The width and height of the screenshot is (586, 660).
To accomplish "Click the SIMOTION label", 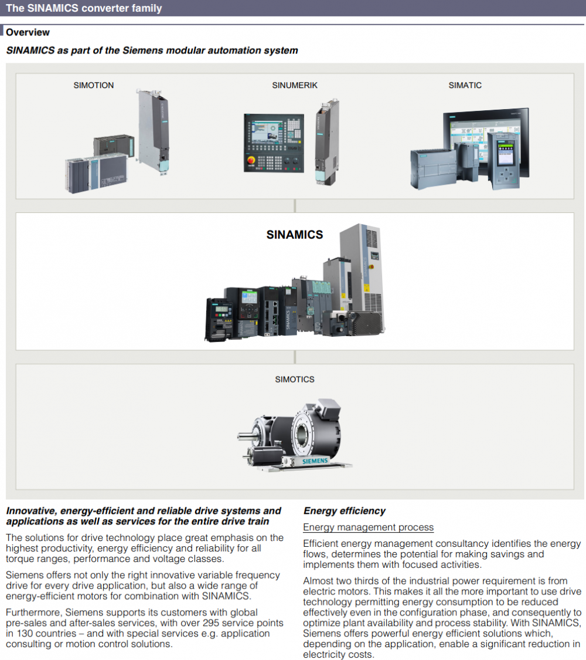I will [x=94, y=85].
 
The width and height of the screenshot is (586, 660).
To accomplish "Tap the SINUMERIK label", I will [x=295, y=85].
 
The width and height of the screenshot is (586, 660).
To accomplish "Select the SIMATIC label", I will [x=465, y=85].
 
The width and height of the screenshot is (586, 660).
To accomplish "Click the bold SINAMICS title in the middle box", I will [x=295, y=235].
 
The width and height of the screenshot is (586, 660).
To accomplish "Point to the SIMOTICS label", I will [x=295, y=379].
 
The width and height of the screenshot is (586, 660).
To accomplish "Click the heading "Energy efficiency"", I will [x=345, y=511].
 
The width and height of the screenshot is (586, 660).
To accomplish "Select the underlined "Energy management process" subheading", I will [x=368, y=527].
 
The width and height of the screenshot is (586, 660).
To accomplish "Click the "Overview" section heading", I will [x=28, y=32].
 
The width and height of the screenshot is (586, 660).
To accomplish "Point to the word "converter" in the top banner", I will [x=101, y=8].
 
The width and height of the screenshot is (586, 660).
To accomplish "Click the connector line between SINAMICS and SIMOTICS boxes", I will [x=295, y=357].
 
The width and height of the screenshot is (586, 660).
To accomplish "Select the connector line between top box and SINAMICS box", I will [x=295, y=205].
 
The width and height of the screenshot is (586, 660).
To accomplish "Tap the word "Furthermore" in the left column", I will [x=31, y=612].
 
